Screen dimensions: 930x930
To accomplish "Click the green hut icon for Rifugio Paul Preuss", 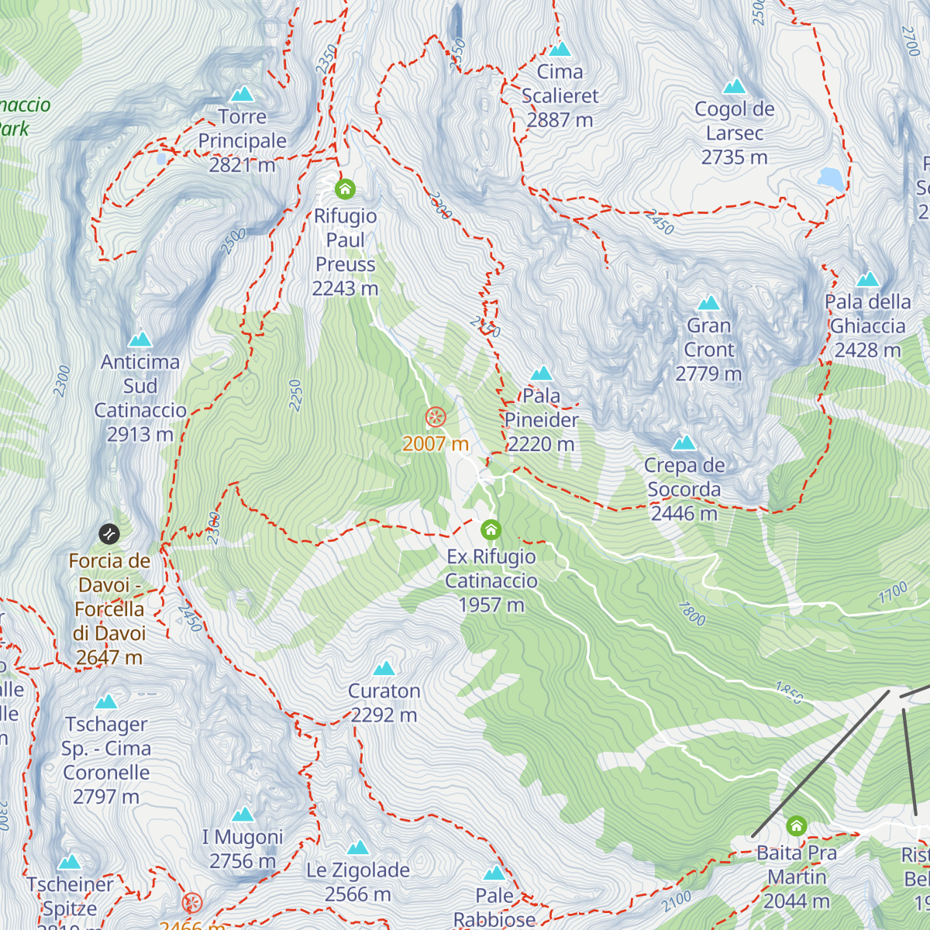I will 345,188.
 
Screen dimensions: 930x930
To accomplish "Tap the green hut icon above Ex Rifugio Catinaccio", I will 491,530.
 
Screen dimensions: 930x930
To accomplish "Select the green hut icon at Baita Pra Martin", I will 796,826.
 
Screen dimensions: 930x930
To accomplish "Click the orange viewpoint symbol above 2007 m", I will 436,418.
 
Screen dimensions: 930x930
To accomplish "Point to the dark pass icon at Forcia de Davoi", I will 109,534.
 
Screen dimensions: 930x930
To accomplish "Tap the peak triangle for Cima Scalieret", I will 560,50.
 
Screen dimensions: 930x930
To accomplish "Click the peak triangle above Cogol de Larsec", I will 734,86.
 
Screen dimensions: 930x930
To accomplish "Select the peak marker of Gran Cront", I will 708,303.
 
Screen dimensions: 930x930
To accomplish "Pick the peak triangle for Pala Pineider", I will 541,374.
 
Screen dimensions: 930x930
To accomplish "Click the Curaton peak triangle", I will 384,669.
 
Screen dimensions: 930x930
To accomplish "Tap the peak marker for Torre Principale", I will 243,95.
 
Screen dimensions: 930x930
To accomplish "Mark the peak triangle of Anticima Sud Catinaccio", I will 140,339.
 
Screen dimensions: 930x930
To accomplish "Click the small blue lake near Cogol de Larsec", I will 831,179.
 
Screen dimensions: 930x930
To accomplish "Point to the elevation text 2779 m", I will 708,374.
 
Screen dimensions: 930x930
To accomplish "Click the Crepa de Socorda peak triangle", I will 684,443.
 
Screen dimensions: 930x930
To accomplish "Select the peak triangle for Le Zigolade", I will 357,848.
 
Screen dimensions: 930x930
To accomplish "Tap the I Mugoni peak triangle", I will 243,815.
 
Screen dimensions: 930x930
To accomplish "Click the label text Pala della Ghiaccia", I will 867,314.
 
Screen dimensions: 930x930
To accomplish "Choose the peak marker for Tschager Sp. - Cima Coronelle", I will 106,702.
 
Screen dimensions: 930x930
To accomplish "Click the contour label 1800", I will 692,614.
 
